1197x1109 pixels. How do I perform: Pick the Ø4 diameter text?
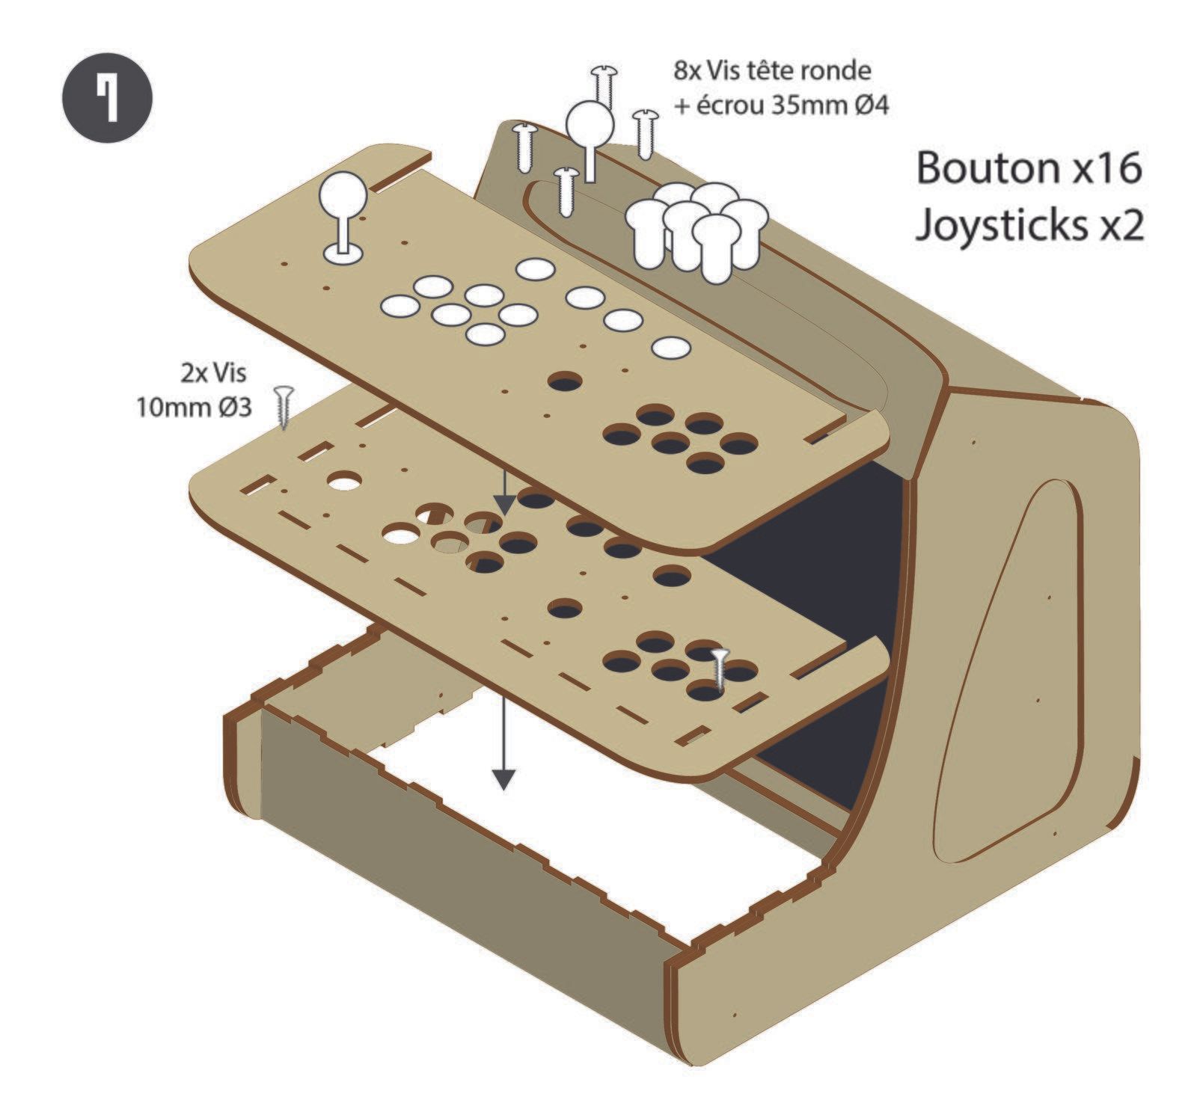click(869, 106)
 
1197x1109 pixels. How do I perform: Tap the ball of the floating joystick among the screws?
click(590, 124)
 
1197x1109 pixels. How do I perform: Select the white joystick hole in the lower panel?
click(344, 480)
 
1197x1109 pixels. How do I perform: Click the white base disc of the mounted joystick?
click(343, 254)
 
